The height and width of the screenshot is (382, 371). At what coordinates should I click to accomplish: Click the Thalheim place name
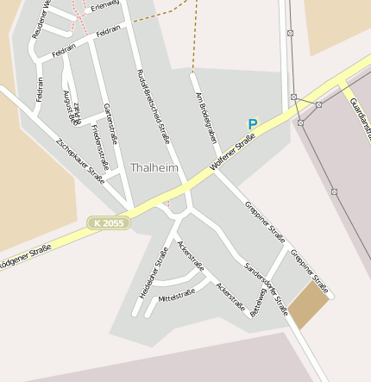pyautogui.click(x=154, y=167)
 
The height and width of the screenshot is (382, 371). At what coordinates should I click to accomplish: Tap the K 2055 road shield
pyautogui.click(x=109, y=223)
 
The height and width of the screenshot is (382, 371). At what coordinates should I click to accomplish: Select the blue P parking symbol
pyautogui.click(x=253, y=124)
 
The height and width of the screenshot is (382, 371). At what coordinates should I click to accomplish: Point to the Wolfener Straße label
pyautogui.click(x=233, y=151)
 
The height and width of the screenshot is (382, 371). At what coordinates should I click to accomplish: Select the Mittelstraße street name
pyautogui.click(x=177, y=294)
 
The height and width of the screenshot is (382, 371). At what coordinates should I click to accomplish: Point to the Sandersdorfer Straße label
pyautogui.click(x=267, y=288)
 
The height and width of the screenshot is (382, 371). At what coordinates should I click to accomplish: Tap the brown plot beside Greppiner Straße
pyautogui.click(x=308, y=307)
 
